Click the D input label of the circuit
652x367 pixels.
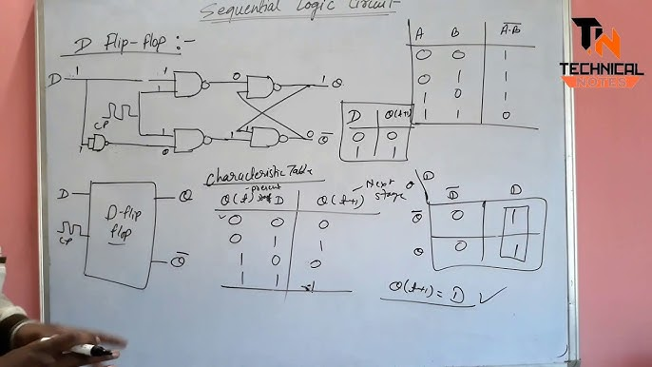click(x=63, y=79)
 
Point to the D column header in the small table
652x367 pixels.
click(x=356, y=117)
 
